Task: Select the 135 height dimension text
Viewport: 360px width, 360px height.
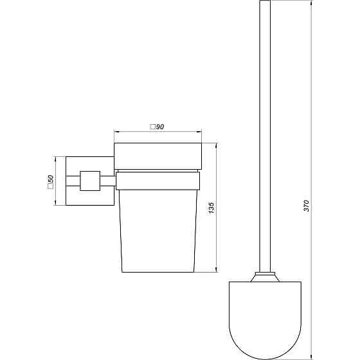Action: [212, 207]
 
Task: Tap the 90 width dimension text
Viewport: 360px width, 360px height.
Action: [161, 127]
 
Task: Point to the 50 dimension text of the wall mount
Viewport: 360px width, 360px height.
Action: [50, 183]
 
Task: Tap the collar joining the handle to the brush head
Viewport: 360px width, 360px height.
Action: [264, 278]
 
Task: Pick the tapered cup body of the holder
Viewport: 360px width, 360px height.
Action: [157, 231]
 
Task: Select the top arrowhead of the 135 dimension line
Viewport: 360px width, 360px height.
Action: [217, 147]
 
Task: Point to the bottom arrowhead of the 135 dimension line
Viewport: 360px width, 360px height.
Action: [217, 270]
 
